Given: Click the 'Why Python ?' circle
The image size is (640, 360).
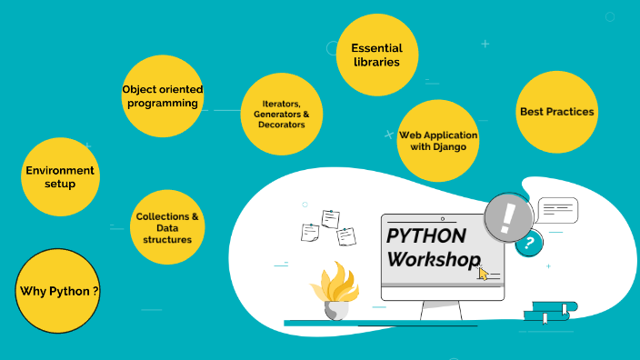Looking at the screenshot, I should coord(59,292).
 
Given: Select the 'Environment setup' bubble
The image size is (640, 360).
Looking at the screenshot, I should coord(60,176).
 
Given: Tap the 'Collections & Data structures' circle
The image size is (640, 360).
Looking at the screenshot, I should coord(167,227).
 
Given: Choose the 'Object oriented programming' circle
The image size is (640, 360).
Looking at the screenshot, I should coord(163,95).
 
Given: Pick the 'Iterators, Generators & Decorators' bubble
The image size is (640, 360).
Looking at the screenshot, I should coord(281,115).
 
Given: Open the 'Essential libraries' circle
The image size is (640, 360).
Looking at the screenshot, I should coord(376,55).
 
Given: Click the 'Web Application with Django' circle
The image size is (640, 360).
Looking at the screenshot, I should coord(438,140).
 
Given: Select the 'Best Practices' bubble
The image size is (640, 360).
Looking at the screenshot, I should coord(556,112).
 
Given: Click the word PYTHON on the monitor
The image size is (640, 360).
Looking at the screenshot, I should coord(426,236).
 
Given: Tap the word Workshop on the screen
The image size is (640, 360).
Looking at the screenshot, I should coord(433,259).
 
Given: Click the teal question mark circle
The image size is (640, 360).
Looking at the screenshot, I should coord(528,243).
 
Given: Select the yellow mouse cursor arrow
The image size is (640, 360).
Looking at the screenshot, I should coord(484,272).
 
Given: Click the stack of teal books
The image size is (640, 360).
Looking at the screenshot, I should coord(547,312).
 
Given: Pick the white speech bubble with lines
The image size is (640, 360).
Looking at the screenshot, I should coord(557,211).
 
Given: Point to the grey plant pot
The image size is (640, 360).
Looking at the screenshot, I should coord(335,310).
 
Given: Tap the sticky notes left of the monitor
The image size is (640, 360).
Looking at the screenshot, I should coord(328,228).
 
